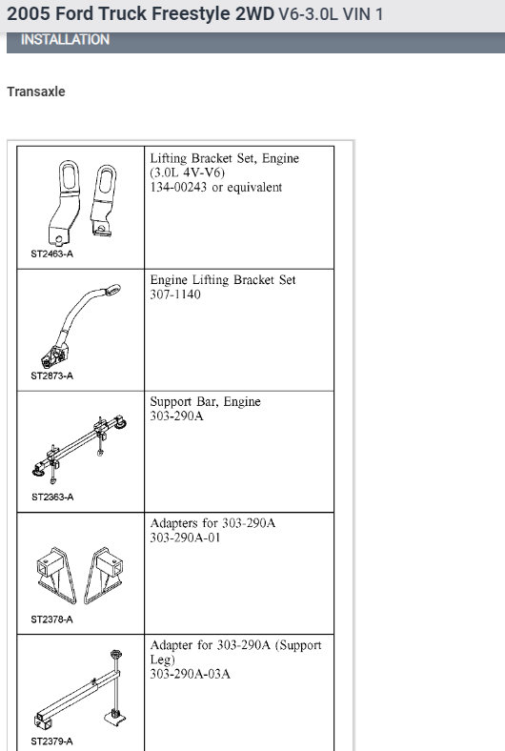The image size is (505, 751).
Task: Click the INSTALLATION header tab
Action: tap(65, 40)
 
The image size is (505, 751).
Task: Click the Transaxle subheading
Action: tap(36, 92)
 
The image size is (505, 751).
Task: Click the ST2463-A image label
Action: tap(51, 254)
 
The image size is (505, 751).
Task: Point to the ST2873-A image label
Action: tap(51, 375)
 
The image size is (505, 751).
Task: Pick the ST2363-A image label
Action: tap(51, 497)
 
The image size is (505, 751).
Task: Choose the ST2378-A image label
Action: tap(51, 619)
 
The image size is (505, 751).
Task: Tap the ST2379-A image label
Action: tap(51, 741)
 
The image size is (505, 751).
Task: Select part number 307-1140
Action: tap(175, 294)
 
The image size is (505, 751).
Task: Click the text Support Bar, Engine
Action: tap(205, 402)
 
